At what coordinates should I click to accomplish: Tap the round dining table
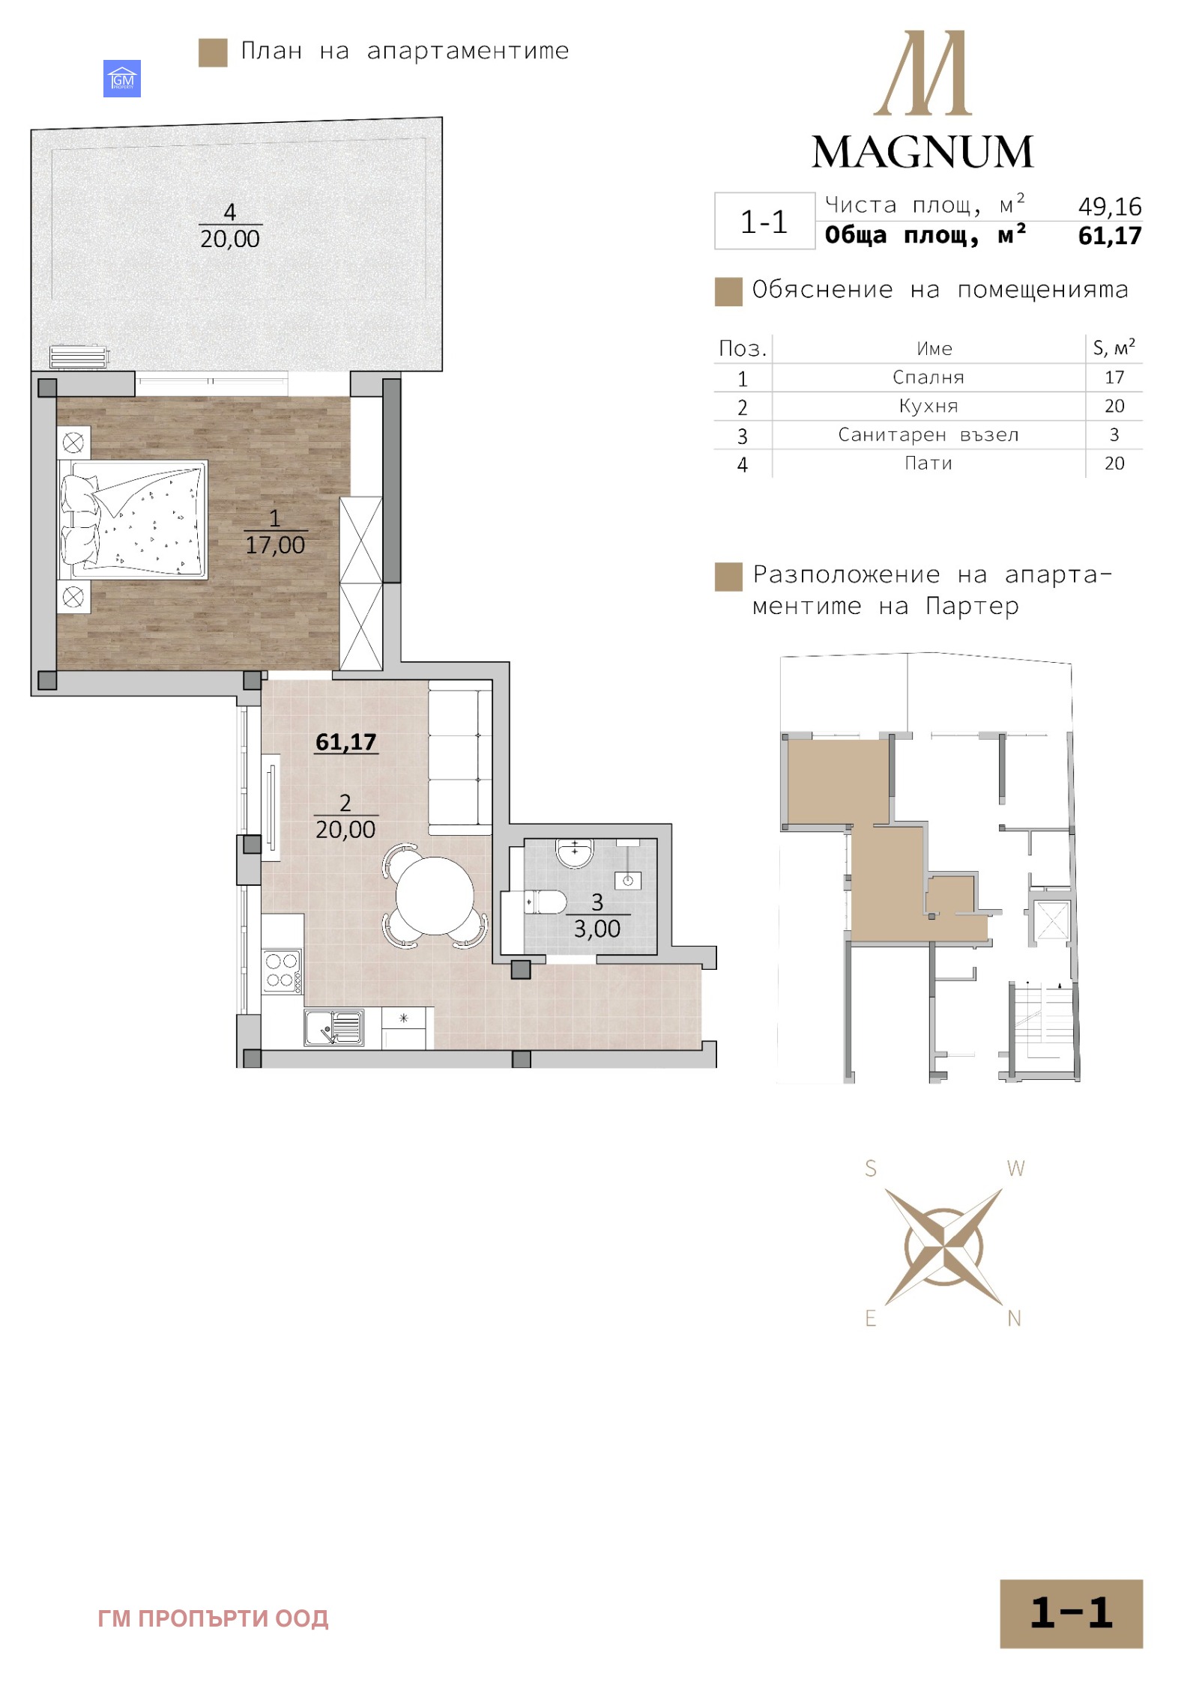435,896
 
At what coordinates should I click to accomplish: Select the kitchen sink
334,1027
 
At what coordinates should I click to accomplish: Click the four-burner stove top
282,971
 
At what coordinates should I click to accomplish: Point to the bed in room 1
133,519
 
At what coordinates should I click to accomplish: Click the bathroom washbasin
575,852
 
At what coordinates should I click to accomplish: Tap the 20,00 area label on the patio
229,239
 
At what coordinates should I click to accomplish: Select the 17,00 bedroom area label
275,545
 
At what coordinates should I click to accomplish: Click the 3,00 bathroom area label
597,929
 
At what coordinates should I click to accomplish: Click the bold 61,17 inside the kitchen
345,742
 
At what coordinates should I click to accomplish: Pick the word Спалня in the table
928,377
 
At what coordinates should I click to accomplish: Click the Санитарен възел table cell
928,435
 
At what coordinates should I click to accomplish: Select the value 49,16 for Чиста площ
1109,207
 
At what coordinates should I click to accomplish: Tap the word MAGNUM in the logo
922,152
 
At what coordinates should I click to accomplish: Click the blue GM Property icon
122,79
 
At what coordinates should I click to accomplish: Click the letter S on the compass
870,1168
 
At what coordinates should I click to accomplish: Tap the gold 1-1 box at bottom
1071,1613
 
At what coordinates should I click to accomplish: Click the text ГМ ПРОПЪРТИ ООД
213,1618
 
